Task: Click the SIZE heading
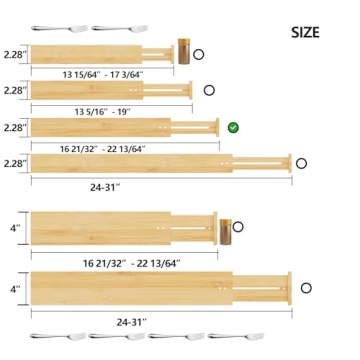tap(305, 32)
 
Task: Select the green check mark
tap(233, 127)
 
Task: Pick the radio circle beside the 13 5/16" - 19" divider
tap(209, 90)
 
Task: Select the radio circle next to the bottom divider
tap(305, 287)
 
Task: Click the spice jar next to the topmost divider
tap(183, 51)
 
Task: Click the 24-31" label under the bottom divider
tap(130, 321)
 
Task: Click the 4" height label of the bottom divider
tap(13, 289)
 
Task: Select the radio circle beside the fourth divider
tap(300, 163)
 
